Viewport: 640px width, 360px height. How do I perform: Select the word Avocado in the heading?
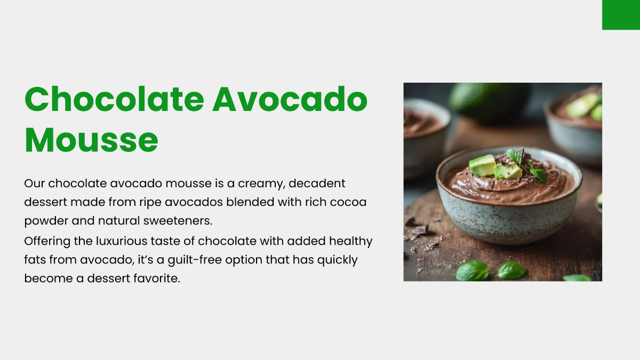pos(290,99)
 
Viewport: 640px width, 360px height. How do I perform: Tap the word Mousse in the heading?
pos(91,140)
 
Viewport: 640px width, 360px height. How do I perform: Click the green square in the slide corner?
pos(621,15)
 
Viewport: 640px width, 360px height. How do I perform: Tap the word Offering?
pos(47,241)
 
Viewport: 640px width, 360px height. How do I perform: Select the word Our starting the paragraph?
pos(35,184)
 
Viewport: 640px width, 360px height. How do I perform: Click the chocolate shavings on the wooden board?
pos(417,231)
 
